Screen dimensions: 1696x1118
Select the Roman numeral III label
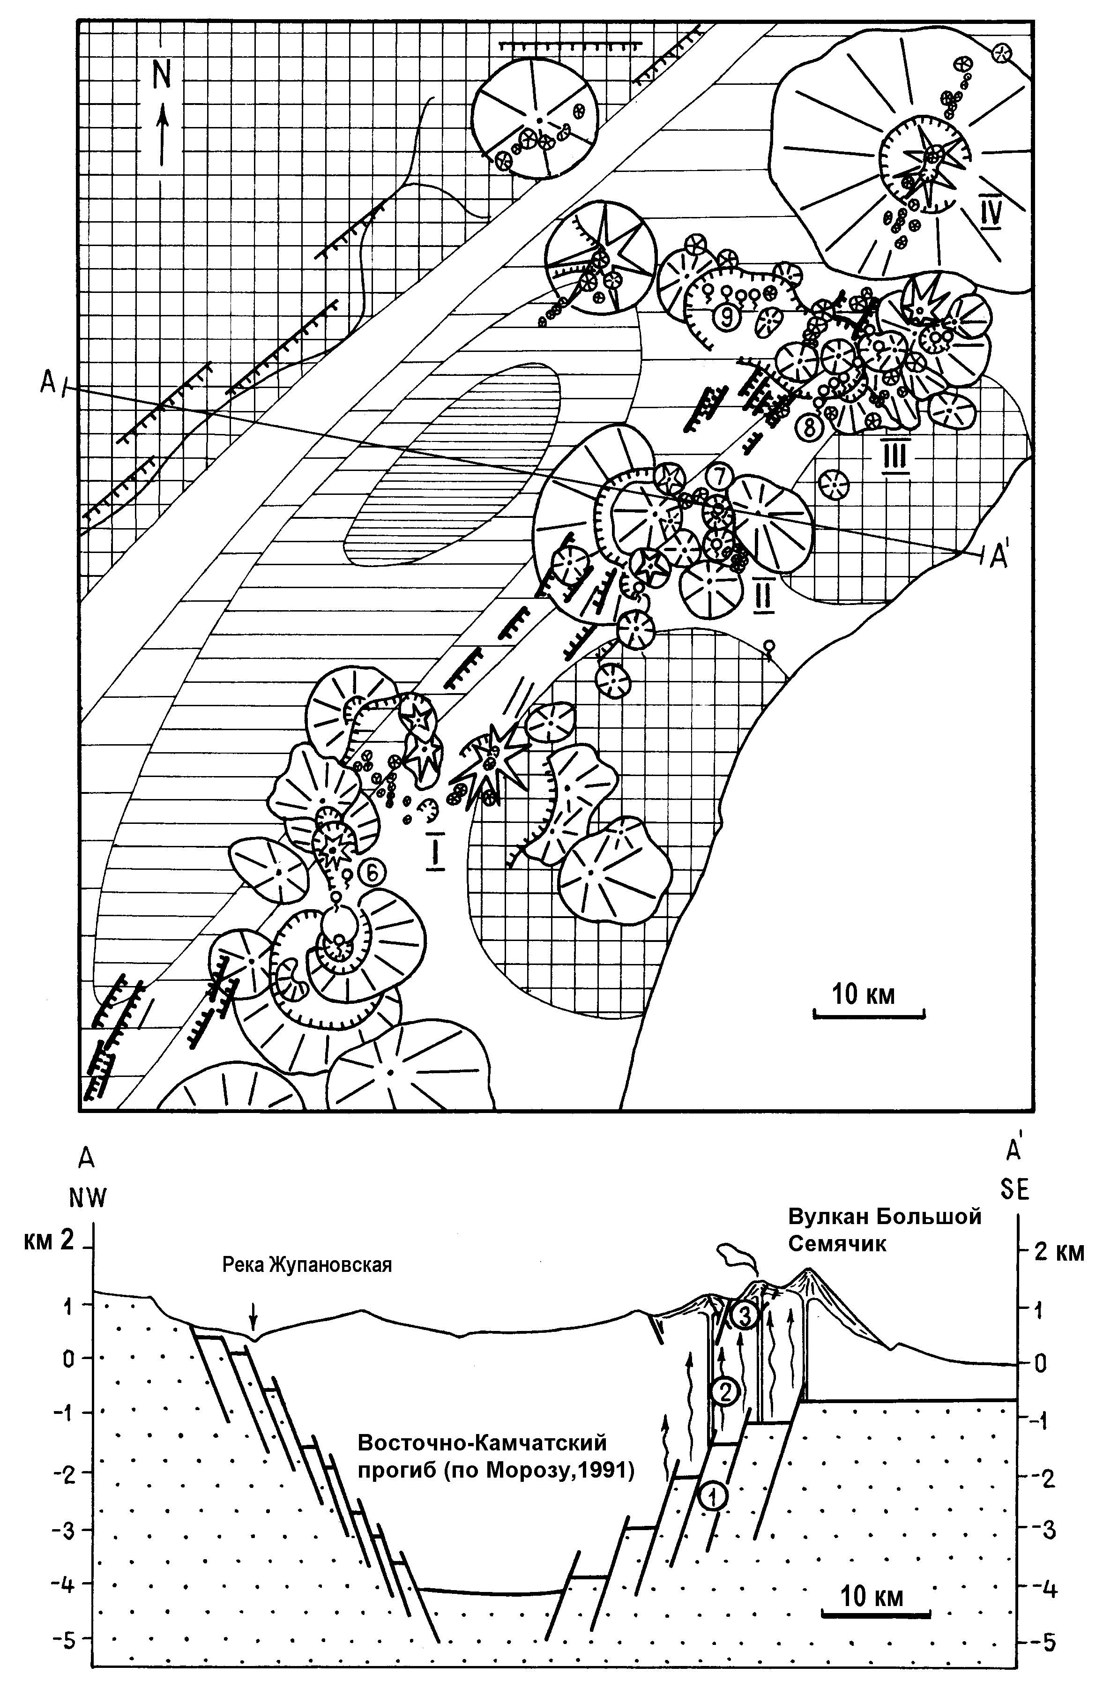point(895,456)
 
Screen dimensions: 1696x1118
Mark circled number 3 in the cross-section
point(744,1316)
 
